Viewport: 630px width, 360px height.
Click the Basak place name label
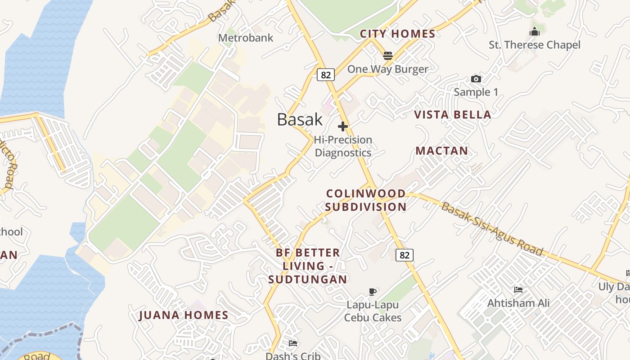[300, 119]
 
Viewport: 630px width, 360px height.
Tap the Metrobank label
[246, 38]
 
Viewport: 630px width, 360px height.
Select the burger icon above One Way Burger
[388, 56]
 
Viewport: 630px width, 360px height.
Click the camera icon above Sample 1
[476, 79]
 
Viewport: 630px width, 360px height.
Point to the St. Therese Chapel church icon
[535, 32]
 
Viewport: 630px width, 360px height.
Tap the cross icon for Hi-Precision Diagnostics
[343, 126]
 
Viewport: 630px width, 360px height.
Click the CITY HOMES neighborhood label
[398, 34]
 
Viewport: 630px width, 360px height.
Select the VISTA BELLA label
[452, 115]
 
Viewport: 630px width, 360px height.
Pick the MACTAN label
[441, 151]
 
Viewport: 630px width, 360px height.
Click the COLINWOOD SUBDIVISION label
[366, 200]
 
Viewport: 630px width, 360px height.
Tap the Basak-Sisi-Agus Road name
[492, 229]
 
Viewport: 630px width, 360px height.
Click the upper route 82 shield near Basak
[325, 75]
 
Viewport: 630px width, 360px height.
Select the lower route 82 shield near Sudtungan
[405, 255]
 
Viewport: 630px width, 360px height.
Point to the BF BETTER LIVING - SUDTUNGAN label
[308, 265]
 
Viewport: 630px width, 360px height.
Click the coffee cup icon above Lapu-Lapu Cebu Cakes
[372, 292]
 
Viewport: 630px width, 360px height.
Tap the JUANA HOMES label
[184, 315]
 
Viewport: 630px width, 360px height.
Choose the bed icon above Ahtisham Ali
[518, 290]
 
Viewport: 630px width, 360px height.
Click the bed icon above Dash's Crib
[293, 344]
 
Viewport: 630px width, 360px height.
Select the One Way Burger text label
[388, 69]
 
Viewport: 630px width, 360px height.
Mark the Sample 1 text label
[476, 92]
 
